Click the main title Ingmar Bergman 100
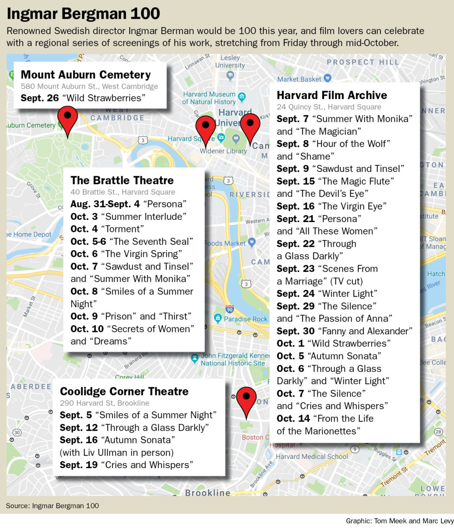coord(83,14)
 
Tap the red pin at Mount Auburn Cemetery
coord(67,117)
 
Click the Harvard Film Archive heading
coord(332,95)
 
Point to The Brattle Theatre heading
coord(122,180)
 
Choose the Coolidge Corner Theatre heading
coord(124,391)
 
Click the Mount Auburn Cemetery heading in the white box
coord(86,74)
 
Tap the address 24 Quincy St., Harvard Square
coord(329,107)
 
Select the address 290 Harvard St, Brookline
coord(105,403)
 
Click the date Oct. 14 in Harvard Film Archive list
coord(293,418)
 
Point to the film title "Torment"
coord(123,229)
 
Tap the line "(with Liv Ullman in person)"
coord(117,452)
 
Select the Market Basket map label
coord(300,79)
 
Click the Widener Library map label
coord(223,151)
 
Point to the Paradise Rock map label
coord(246,319)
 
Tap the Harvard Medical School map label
coord(312,456)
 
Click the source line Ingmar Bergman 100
coord(52,506)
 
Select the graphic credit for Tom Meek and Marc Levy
coord(400,521)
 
